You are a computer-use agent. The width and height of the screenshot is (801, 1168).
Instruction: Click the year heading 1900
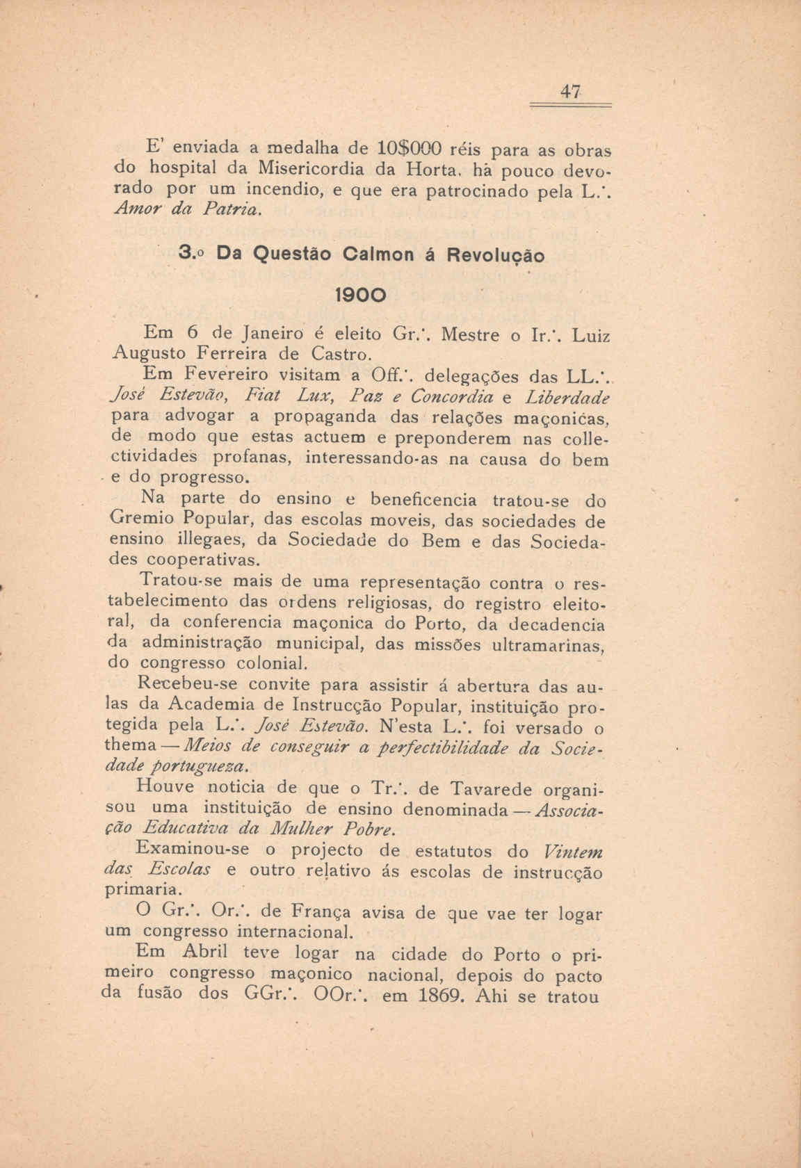[356, 294]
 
